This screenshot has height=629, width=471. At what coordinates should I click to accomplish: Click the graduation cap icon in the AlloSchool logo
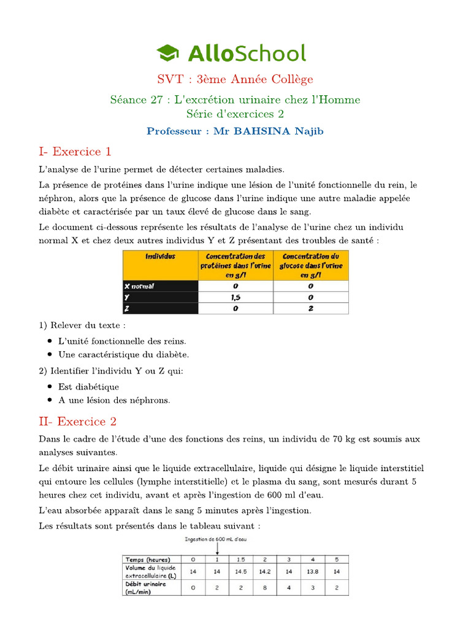tap(168, 53)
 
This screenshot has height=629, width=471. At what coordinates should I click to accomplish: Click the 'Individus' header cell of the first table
tap(160, 257)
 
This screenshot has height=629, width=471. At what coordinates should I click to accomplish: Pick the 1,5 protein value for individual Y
tap(235, 297)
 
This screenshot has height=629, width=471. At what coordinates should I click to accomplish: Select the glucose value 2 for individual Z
tap(311, 308)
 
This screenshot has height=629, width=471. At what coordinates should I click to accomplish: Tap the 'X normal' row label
tap(140, 286)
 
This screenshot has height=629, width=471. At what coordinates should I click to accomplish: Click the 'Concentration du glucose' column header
tap(311, 265)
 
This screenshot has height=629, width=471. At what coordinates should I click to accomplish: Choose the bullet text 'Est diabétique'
tap(88, 387)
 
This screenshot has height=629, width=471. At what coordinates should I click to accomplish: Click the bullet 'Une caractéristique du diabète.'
tap(123, 354)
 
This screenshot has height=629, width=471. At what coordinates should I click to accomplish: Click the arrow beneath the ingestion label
tap(216, 550)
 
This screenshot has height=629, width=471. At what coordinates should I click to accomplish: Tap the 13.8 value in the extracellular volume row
tap(313, 571)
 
